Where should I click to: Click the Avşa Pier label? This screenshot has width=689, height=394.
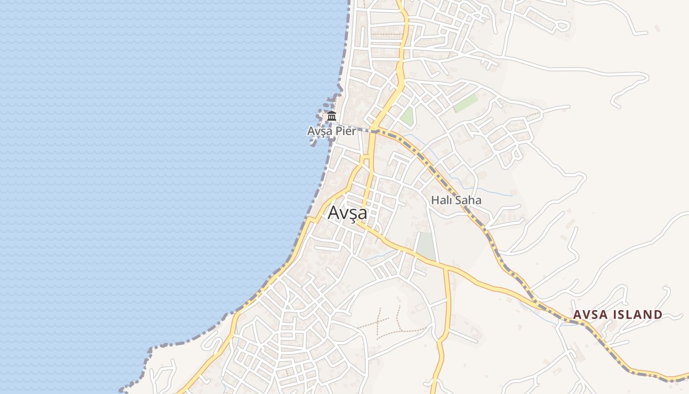point(331,131)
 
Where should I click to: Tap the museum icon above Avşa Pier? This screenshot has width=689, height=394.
point(332,117)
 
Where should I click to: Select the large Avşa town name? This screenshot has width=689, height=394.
point(347,213)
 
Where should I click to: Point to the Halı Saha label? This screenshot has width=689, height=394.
point(456,200)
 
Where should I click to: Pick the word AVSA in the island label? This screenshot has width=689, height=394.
point(590,315)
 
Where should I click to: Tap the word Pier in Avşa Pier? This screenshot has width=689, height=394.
point(346,131)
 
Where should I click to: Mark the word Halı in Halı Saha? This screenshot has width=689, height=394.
point(440,200)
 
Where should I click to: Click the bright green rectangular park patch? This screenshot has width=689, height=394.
point(465,103)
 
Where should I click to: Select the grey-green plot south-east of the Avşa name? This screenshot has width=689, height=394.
point(426,245)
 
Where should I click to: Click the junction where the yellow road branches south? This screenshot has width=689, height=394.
point(446,269)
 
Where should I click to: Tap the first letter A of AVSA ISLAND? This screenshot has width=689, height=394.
point(577,315)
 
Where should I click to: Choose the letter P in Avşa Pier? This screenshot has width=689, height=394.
point(340,131)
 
